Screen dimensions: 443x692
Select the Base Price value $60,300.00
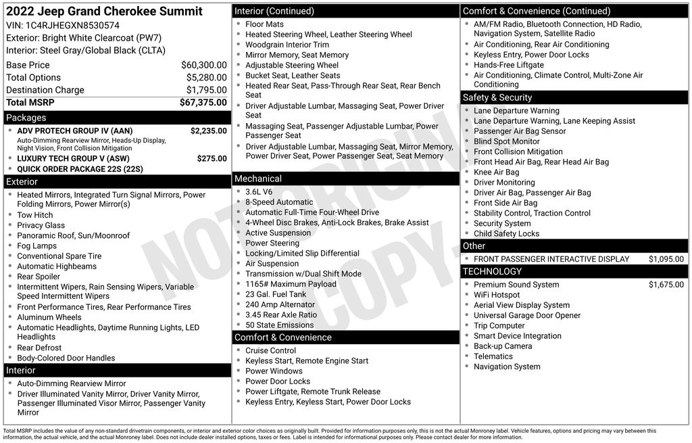tap(203, 65)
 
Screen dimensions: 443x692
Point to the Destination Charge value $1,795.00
tap(206, 90)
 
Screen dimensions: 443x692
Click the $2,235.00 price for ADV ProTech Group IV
tap(208, 131)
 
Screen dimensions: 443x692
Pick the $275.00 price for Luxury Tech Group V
tap(212, 158)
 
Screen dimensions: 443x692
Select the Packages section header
tap(26, 118)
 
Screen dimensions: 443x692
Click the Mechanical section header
tap(257, 179)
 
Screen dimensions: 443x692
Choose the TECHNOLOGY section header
tap(492, 271)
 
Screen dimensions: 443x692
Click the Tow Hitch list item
tap(34, 215)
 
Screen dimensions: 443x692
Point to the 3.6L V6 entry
tap(259, 191)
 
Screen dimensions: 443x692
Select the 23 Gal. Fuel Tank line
tap(276, 294)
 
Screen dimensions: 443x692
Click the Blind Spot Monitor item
tap(506, 141)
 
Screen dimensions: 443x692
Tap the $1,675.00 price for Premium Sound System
tap(666, 285)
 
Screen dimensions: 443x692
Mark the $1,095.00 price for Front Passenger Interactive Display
tap(666, 259)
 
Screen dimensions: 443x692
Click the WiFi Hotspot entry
tap(497, 295)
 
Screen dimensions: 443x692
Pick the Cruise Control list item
tap(270, 350)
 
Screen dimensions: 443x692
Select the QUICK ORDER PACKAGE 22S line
tap(80, 169)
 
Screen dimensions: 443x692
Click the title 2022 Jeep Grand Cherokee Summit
tap(104, 11)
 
